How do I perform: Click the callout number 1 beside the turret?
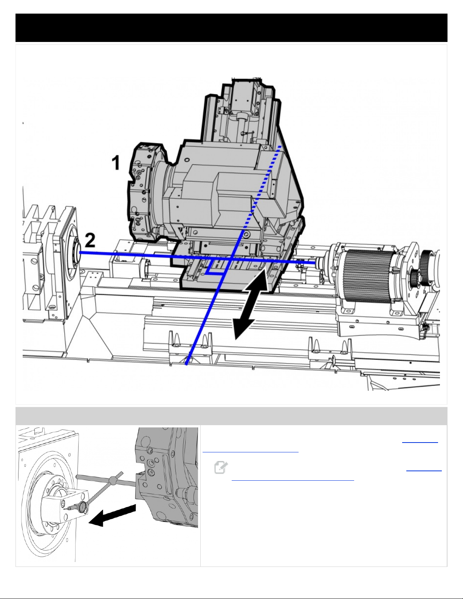click(x=116, y=163)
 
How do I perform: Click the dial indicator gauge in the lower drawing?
click(x=82, y=508)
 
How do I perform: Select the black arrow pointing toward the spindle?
click(x=113, y=515)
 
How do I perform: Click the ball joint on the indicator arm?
click(x=112, y=481)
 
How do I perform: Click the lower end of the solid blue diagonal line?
click(x=187, y=364)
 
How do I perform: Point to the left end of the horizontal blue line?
click(x=80, y=252)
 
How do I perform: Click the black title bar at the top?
click(x=231, y=28)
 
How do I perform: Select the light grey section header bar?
click(x=231, y=416)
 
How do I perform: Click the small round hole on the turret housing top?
click(x=187, y=160)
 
